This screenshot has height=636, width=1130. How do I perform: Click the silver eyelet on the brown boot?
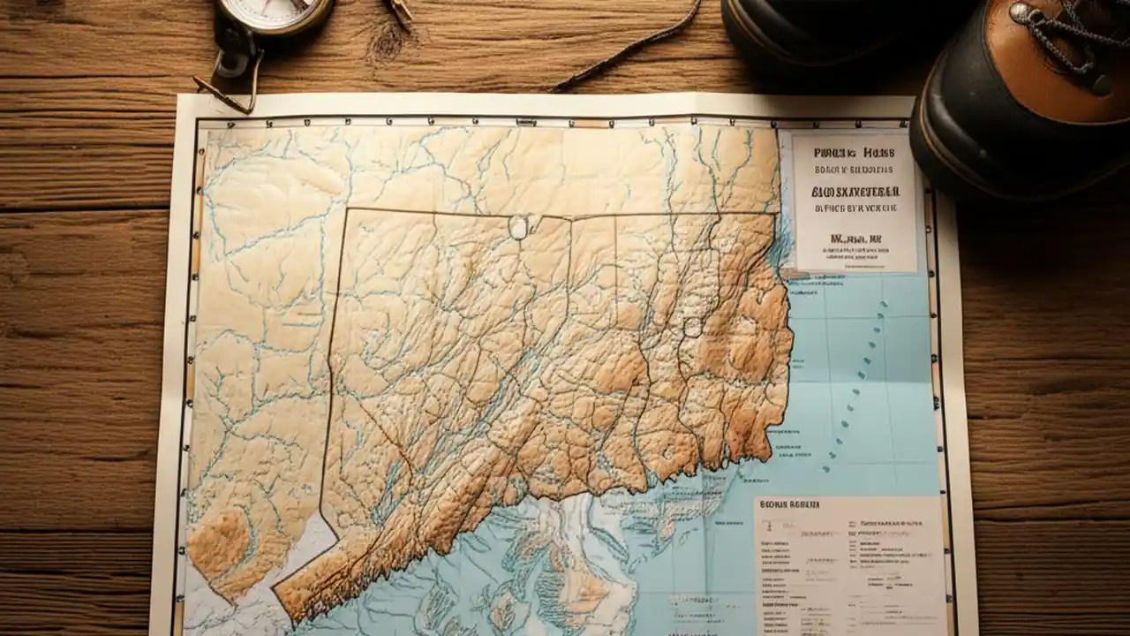tap(1022, 12)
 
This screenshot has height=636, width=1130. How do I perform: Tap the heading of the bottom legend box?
tap(790, 504)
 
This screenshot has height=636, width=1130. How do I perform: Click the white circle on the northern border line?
tap(519, 227)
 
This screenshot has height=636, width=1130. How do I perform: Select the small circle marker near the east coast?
tap(692, 328)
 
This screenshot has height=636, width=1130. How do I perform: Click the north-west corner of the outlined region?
tap(346, 210)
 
